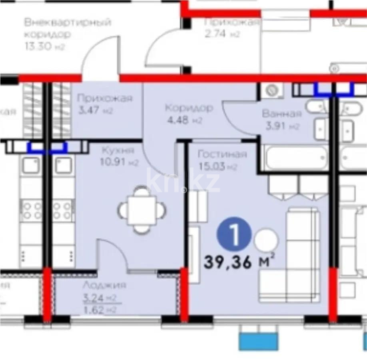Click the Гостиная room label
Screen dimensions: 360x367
(222, 154)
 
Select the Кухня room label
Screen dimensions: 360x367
(118, 151)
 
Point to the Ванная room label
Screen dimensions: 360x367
(281, 114)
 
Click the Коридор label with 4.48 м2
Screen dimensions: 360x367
(189, 108)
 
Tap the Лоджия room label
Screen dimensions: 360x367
(104, 285)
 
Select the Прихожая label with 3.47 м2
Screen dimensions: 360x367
(104, 98)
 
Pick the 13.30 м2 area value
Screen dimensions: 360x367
(44, 47)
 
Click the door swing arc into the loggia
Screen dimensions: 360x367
(114, 254)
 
